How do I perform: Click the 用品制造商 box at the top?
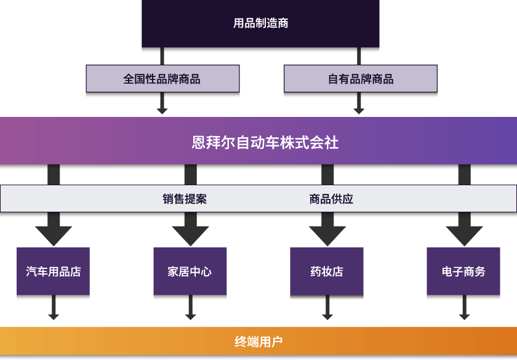[x=260, y=24]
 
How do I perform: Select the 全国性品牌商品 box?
[x=162, y=79]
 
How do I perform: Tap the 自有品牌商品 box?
[x=360, y=79]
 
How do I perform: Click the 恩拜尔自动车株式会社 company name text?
[x=265, y=143]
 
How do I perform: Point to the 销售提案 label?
[x=185, y=199]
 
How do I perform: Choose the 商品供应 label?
[x=331, y=199]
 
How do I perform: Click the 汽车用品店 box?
[x=54, y=271]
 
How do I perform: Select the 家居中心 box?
[x=190, y=271]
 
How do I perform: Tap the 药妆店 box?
[x=327, y=271]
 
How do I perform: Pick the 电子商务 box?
[x=463, y=271]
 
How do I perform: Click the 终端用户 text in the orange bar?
[x=258, y=342]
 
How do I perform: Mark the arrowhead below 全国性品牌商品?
[x=162, y=109]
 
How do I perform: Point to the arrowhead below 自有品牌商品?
[x=359, y=109]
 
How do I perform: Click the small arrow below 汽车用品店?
[x=54, y=314]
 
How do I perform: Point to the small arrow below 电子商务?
[x=464, y=314]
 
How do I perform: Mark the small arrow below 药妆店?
[x=327, y=314]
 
